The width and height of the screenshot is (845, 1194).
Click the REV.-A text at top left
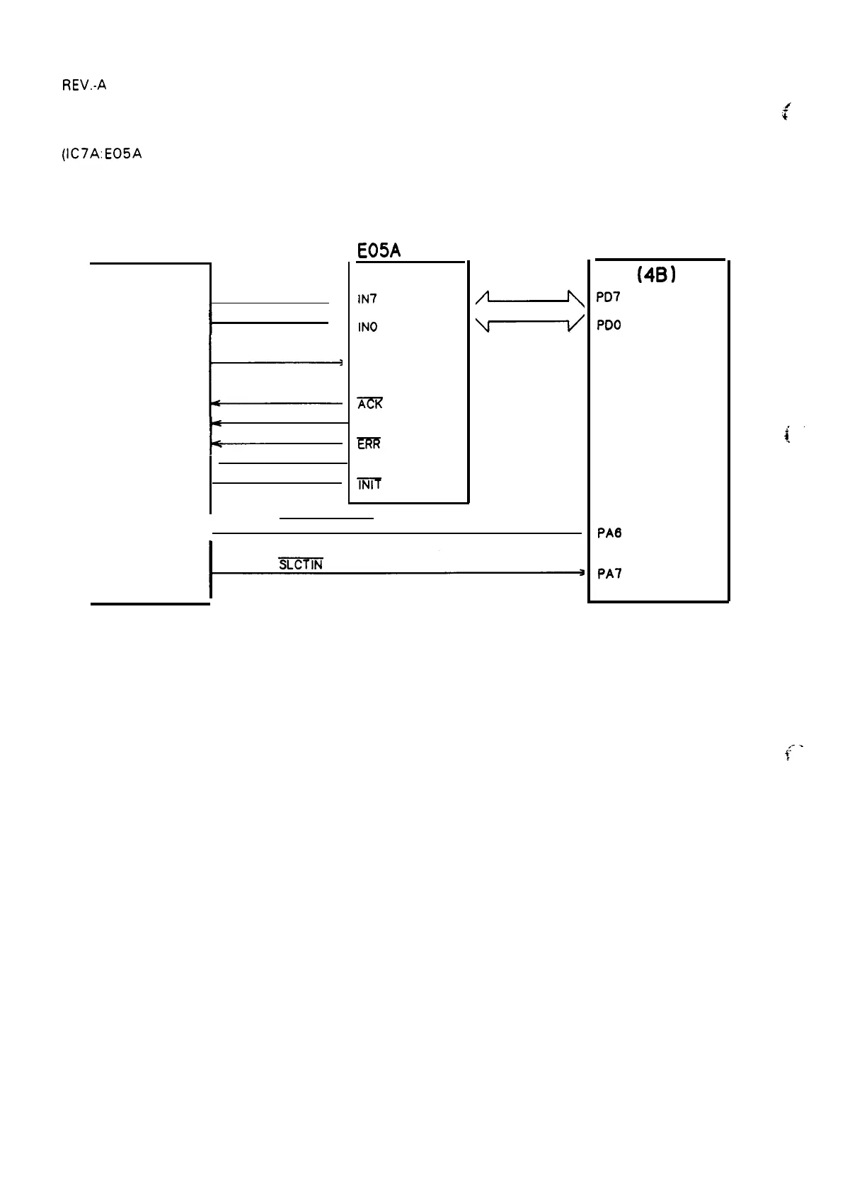[x=83, y=86]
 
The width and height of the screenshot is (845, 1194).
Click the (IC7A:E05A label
[x=102, y=153]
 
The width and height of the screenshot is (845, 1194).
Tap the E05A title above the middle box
[x=379, y=250]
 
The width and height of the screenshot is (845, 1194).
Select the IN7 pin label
[x=367, y=299]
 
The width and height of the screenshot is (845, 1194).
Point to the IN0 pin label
[x=368, y=327]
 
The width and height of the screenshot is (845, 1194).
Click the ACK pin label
[x=369, y=404]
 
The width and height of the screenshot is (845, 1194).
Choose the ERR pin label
[x=369, y=444]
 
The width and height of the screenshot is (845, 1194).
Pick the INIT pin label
[x=369, y=485]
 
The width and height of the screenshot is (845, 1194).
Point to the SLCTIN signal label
[x=301, y=564]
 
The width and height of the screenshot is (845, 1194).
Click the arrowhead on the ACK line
[x=216, y=403]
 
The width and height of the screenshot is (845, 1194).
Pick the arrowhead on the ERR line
[x=216, y=444]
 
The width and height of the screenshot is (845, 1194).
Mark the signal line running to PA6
[x=396, y=533]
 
